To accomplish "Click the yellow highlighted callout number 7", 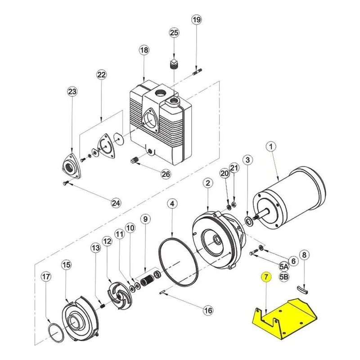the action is click(266, 277).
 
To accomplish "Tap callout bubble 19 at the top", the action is click(197, 20).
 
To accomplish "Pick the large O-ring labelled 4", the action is click(178, 262).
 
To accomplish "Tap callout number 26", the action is click(166, 174).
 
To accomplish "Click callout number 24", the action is click(116, 203).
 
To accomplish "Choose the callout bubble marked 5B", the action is click(284, 277).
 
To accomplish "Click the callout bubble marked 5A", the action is click(284, 266).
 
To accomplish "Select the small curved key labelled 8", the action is click(303, 290).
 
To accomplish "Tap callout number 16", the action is click(208, 310).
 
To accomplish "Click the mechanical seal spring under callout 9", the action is click(147, 282).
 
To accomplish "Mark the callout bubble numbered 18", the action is click(144, 50).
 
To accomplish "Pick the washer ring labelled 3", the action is click(249, 221).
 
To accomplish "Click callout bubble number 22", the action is click(102, 75).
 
